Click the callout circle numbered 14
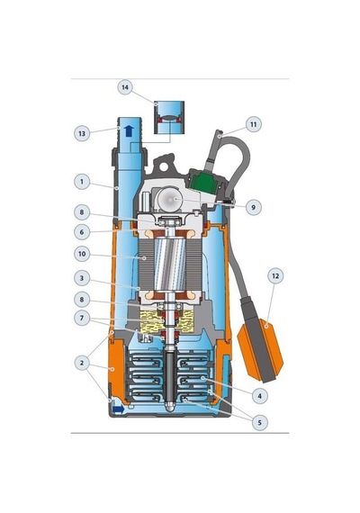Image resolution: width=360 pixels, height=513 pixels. (125, 87)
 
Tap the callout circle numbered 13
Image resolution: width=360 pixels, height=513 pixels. (82, 133)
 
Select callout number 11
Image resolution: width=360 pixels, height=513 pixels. (254, 124)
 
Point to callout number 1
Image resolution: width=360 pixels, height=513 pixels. (82, 181)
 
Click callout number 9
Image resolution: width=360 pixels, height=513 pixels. (253, 207)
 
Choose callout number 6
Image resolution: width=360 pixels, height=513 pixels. (82, 232)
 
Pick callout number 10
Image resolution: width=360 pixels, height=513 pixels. (82, 254)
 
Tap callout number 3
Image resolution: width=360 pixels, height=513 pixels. (82, 278)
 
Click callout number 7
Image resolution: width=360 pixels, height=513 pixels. (82, 318)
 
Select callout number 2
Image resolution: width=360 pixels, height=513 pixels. (82, 363)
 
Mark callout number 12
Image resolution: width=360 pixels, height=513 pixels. (275, 275)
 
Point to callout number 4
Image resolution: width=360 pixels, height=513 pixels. (260, 396)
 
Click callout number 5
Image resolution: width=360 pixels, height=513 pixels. (260, 422)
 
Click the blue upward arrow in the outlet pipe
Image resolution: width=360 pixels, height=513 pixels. (130, 130)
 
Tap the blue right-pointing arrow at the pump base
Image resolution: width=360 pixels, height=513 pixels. (118, 409)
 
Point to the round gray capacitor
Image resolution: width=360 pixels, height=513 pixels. (169, 199)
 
